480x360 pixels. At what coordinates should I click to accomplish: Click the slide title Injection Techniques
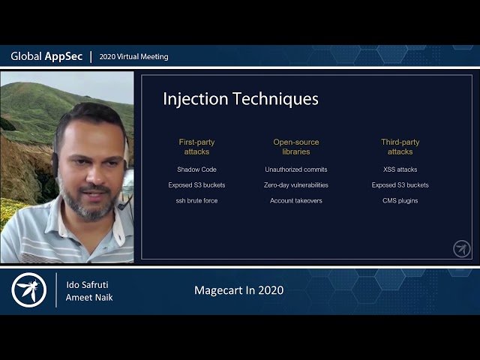pos(240,99)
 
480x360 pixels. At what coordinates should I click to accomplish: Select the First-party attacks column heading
pos(196,147)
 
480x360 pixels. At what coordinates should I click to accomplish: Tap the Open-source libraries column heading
pos(295,147)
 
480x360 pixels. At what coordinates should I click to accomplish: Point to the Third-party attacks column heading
pos(400,147)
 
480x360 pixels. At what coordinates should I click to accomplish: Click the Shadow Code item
pos(196,169)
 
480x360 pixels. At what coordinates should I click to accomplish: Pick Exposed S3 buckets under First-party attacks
pos(196,185)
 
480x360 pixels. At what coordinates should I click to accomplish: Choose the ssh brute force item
pos(196,201)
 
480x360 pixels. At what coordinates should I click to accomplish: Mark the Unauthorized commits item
pos(295,169)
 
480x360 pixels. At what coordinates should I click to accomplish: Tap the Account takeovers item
pos(295,201)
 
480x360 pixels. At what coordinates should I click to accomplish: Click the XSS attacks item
pos(400,169)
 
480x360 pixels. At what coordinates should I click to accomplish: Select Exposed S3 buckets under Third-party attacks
pos(400,185)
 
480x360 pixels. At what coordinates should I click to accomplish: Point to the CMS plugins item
pos(400,201)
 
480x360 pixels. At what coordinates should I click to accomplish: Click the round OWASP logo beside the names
pos(29,289)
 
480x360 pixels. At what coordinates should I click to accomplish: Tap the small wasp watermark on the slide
pos(462,249)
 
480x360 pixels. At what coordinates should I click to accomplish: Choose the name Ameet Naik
pos(88,298)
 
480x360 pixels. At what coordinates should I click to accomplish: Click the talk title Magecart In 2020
pos(238,290)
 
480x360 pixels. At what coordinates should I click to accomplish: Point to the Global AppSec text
pos(46,56)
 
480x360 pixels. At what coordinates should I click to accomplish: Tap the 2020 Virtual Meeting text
pos(133,56)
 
